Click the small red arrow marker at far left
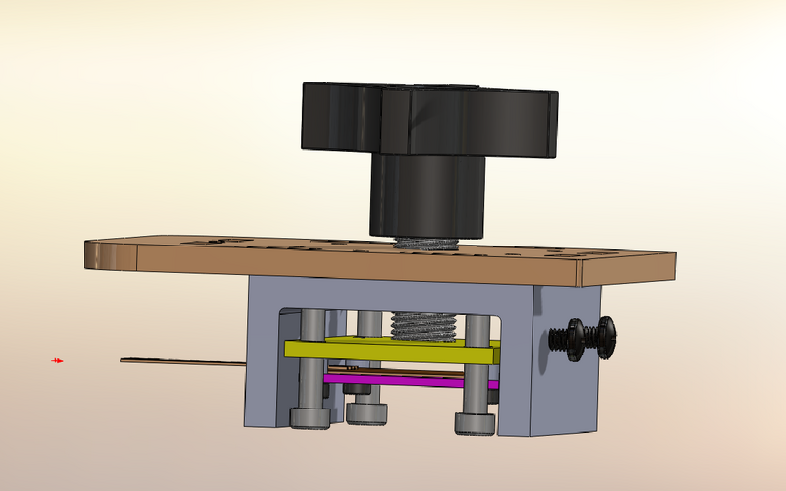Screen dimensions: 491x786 pyautogui.click(x=58, y=361)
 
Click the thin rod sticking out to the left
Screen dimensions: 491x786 pyautogui.click(x=182, y=362)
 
